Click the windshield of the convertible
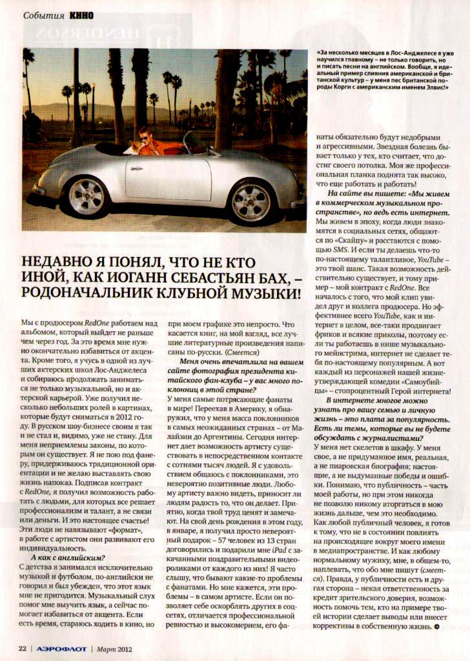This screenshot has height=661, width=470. (x=194, y=143)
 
